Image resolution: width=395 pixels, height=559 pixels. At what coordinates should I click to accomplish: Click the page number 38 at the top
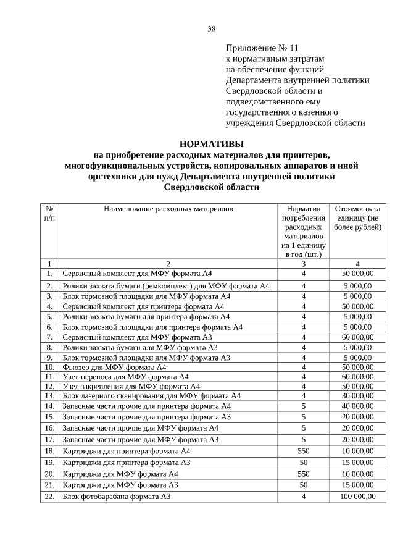pos(211,28)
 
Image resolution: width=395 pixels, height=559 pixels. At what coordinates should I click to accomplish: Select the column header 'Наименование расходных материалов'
pos(168,209)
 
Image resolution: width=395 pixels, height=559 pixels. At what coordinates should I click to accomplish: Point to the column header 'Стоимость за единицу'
pos(357,218)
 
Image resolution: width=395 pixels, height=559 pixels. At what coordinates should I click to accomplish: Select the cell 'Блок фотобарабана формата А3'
pos(116,497)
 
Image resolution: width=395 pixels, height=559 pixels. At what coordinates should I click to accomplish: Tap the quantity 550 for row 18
pos(303,451)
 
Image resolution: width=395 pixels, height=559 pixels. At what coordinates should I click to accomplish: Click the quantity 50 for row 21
pos(303,485)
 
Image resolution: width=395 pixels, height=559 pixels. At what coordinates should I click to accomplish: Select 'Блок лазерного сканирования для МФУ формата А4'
pos(151,395)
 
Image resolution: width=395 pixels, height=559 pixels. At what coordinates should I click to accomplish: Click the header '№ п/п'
pos(49,213)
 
